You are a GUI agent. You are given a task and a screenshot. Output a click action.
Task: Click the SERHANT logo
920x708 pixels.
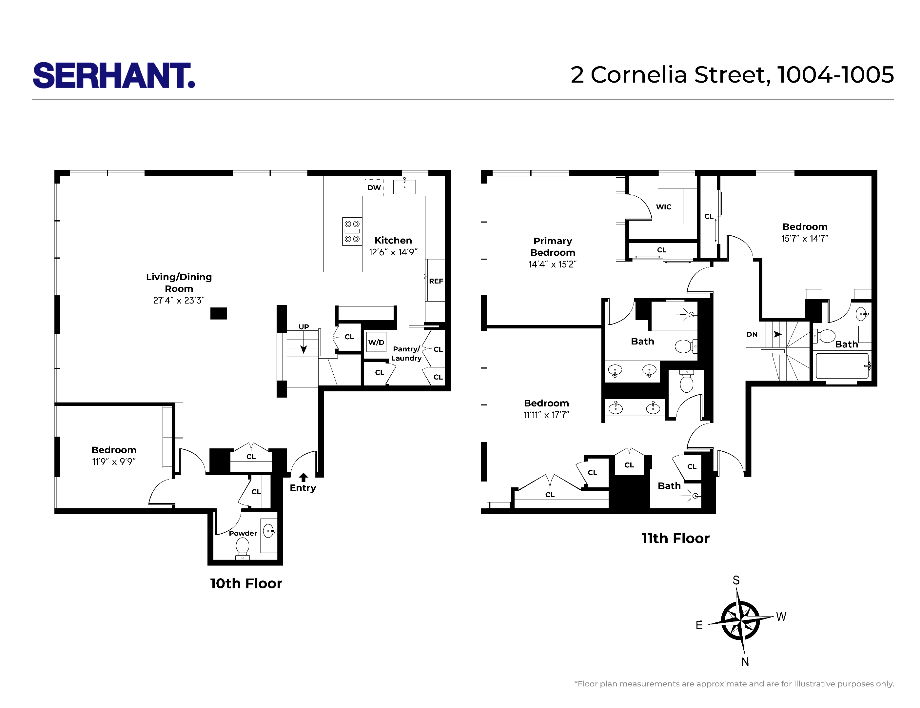(114, 75)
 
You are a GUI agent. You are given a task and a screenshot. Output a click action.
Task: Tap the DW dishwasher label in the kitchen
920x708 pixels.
(374, 187)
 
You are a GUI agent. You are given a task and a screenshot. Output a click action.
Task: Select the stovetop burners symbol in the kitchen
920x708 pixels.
(352, 231)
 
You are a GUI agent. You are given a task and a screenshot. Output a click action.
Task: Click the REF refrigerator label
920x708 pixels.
(436, 281)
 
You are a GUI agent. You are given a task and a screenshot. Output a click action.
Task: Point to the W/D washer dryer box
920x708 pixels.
(376, 343)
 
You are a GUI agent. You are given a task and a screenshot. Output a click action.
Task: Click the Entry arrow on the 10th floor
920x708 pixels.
(303, 477)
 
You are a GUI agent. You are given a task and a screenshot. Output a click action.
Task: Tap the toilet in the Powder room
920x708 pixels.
(243, 547)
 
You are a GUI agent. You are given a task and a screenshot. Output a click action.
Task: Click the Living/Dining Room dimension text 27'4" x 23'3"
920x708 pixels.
(179, 300)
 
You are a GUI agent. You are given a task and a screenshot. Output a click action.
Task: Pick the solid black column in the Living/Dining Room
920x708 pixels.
(219, 313)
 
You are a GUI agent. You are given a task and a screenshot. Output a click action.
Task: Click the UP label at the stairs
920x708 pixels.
(304, 327)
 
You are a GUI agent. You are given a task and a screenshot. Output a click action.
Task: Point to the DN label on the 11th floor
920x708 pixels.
(752, 334)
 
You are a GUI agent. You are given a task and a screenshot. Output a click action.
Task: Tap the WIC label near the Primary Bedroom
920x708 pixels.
(663, 207)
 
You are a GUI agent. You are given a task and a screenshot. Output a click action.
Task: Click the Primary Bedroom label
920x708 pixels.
(552, 247)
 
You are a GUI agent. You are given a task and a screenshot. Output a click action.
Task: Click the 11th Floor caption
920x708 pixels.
(675, 538)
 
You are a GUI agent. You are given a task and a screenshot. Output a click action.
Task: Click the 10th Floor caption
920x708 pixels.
(246, 583)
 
